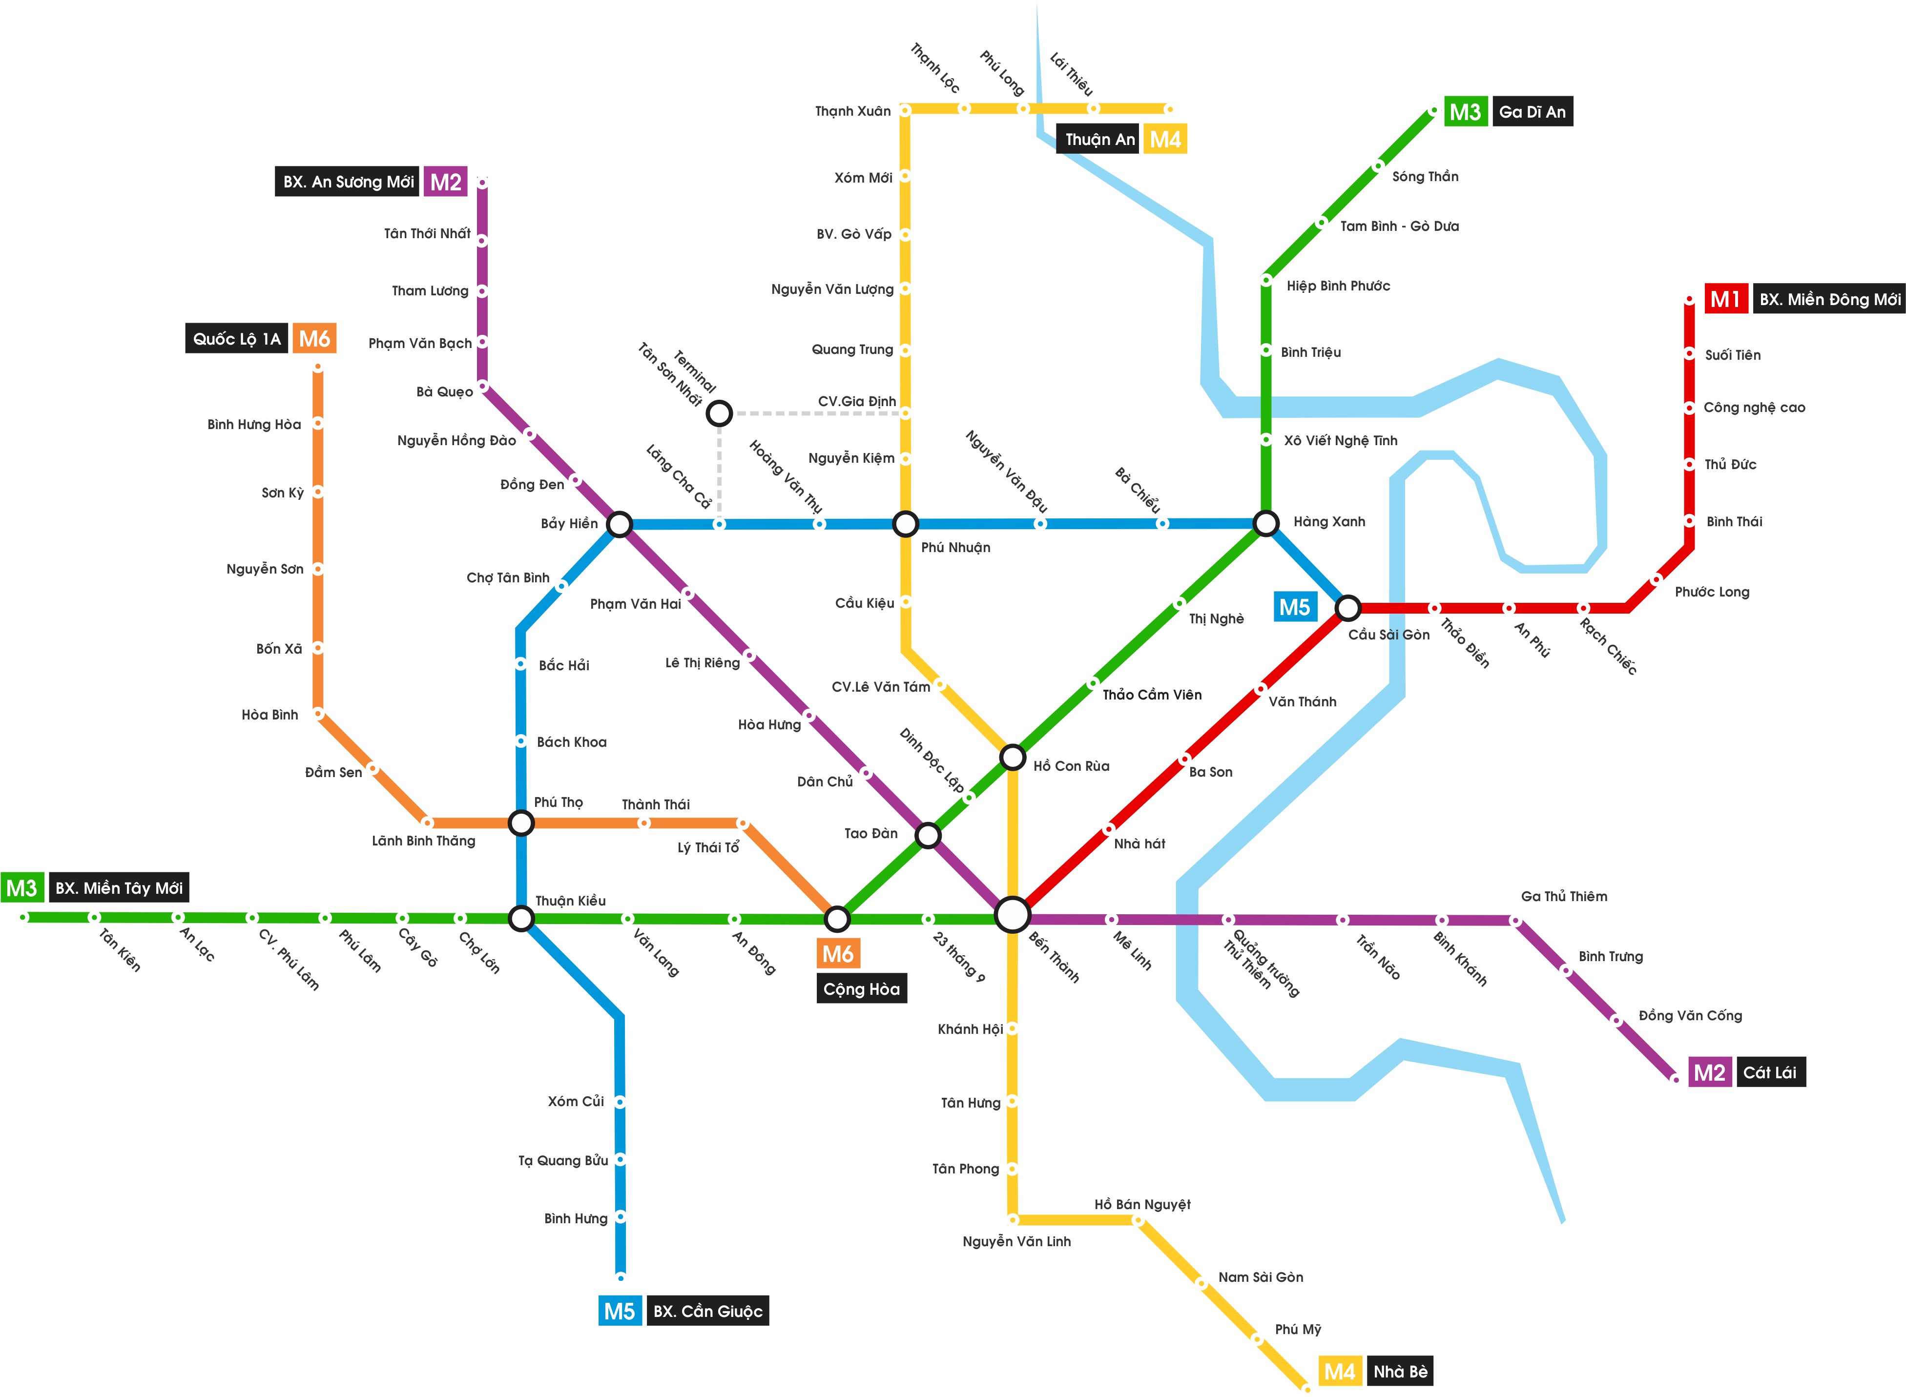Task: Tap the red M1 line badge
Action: [x=1724, y=299]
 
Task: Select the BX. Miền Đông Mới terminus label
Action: [x=1829, y=299]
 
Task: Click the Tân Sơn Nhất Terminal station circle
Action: [x=719, y=412]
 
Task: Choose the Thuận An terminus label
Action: [x=1099, y=140]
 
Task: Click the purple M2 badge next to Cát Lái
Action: [x=1709, y=1072]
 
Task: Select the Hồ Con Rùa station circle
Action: [x=1012, y=757]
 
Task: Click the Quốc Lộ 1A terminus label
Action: [x=237, y=339]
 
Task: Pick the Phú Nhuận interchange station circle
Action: [x=905, y=524]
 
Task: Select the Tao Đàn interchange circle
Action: [x=928, y=836]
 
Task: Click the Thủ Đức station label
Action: [x=1730, y=464]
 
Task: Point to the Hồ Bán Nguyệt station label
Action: [x=1141, y=1204]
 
